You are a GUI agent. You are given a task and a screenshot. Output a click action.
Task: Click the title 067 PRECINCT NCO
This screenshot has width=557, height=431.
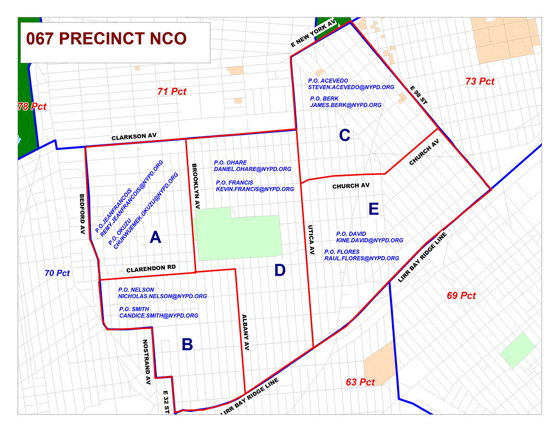(x=106, y=39)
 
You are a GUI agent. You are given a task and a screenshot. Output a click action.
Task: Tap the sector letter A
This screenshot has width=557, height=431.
(x=155, y=238)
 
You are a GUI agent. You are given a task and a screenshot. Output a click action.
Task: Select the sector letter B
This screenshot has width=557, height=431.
(x=187, y=344)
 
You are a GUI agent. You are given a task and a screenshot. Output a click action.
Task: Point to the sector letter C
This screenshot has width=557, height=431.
(x=344, y=135)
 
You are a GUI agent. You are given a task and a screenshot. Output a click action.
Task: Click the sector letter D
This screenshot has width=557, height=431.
(x=280, y=270)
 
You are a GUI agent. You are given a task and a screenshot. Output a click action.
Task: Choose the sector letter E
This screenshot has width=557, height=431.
(x=373, y=209)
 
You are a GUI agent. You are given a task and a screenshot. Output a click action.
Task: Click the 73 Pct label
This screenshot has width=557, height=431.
(x=480, y=81)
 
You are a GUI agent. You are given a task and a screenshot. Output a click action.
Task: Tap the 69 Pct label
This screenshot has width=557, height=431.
(x=461, y=296)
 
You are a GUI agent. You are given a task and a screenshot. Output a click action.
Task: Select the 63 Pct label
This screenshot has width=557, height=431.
(x=360, y=383)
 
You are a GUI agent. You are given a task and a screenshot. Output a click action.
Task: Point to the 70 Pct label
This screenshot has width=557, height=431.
(x=57, y=273)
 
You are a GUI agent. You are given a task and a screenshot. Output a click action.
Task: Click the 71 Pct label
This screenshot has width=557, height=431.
(x=172, y=92)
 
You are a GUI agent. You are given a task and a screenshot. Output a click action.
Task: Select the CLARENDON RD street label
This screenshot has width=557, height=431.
(x=151, y=269)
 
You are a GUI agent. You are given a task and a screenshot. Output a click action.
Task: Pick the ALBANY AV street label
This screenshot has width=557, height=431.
(x=246, y=332)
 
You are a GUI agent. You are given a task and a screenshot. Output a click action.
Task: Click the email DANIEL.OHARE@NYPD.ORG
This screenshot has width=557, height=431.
(x=252, y=169)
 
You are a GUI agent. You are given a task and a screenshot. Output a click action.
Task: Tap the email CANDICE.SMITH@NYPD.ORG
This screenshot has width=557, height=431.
(x=158, y=315)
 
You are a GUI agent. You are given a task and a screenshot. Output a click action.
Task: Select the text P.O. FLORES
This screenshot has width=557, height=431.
(x=342, y=252)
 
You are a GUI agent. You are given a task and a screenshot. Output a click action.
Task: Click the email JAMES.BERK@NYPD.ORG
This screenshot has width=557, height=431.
(x=345, y=105)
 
